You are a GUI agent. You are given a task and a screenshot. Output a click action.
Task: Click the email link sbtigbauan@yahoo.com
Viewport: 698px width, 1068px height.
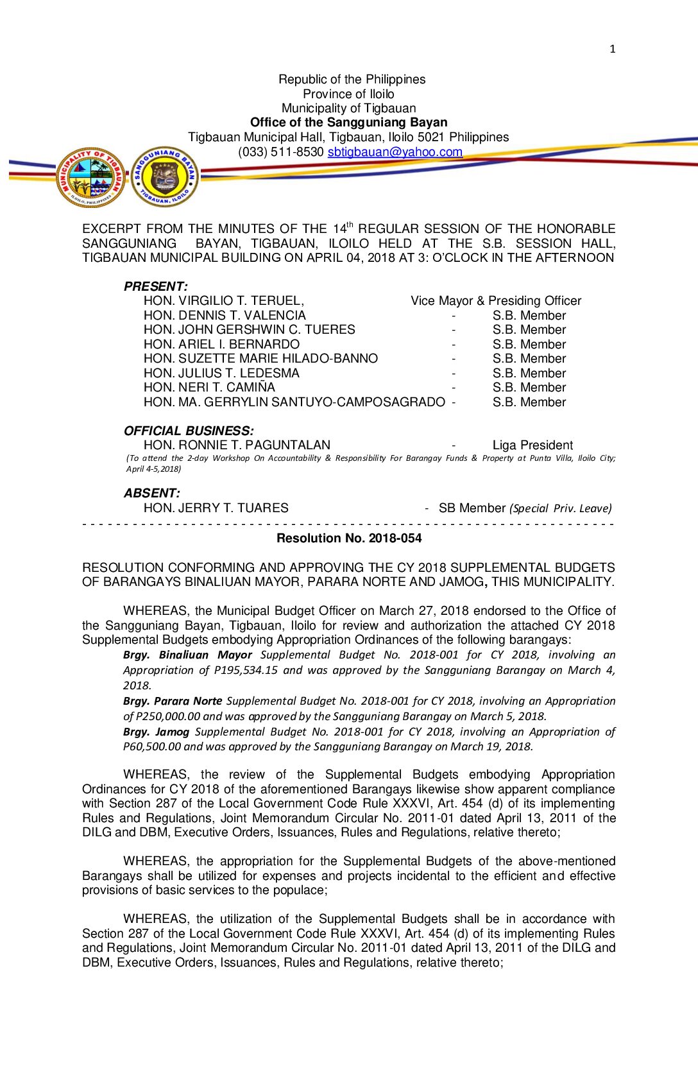click(x=395, y=152)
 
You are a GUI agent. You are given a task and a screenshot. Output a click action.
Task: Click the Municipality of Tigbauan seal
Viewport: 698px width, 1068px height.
click(x=91, y=177)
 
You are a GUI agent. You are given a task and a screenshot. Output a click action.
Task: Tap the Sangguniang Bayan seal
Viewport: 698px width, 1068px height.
click(x=165, y=177)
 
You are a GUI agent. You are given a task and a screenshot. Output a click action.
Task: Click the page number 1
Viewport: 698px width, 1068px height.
click(x=612, y=49)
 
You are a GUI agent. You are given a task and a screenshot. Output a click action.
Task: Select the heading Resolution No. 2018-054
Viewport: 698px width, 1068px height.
click(x=349, y=538)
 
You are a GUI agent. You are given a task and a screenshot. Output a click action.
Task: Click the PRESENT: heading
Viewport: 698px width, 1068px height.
click(x=155, y=286)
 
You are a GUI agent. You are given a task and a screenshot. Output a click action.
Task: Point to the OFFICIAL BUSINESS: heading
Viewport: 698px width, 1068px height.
click(x=189, y=431)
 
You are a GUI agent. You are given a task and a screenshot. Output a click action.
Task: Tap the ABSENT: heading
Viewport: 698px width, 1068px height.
click(x=151, y=493)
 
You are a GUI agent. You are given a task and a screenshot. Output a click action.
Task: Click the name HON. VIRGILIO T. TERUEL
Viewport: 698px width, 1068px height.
click(x=223, y=301)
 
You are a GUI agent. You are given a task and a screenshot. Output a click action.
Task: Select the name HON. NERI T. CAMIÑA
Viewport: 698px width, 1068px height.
click(x=209, y=388)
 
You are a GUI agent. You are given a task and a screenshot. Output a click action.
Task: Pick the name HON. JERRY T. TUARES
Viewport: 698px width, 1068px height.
click(x=216, y=508)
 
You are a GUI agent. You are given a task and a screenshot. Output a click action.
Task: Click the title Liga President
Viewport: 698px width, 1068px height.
click(x=532, y=445)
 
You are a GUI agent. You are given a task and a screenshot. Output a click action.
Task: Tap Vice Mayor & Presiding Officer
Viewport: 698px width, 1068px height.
click(x=496, y=301)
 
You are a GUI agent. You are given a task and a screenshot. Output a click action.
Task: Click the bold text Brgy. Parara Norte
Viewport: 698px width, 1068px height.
click(x=173, y=701)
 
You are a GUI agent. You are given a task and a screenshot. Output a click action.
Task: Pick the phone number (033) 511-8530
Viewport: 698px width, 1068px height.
click(x=281, y=152)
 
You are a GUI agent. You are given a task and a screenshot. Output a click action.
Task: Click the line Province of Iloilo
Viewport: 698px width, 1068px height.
click(x=348, y=94)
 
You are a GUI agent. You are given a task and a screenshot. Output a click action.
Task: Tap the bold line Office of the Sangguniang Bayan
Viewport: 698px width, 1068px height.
click(x=348, y=123)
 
